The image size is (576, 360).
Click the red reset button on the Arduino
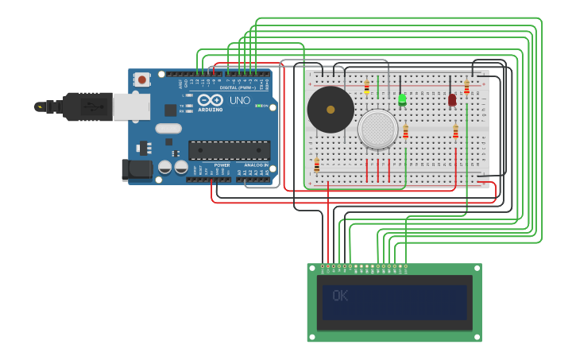[x=142, y=79]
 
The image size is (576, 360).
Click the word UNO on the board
[x=240, y=101]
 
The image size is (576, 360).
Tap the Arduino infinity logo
[x=211, y=99]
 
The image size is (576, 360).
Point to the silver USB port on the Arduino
[x=131, y=106]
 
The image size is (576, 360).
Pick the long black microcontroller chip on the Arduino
[x=229, y=149]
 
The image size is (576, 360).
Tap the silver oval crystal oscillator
[x=168, y=128]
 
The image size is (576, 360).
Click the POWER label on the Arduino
[x=222, y=165]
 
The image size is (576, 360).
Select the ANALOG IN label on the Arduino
[x=256, y=165]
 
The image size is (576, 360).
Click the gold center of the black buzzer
[x=331, y=110]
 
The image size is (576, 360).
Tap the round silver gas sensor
[x=377, y=129]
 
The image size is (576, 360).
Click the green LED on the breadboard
[x=402, y=99]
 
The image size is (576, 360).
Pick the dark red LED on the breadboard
[x=452, y=100]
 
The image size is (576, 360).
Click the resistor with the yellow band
[x=366, y=87]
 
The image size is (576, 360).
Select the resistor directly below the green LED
[x=405, y=131]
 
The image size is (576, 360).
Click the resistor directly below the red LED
[x=455, y=131]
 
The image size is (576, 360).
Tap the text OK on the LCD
[x=340, y=296]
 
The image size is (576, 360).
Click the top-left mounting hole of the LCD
[x=311, y=268]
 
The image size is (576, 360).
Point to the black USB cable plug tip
[x=40, y=106]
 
